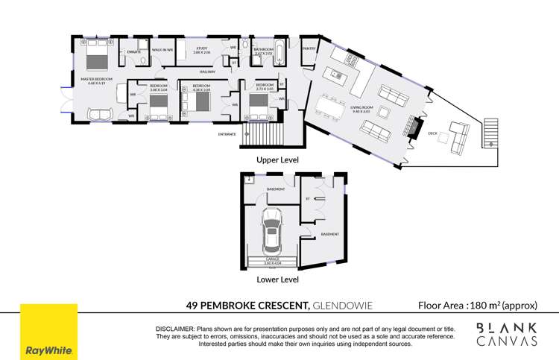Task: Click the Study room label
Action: pos(202,50)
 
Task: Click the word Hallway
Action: pos(206,72)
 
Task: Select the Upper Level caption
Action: pos(277,160)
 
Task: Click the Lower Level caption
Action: pos(277,280)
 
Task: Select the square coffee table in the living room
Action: pos(385,113)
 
